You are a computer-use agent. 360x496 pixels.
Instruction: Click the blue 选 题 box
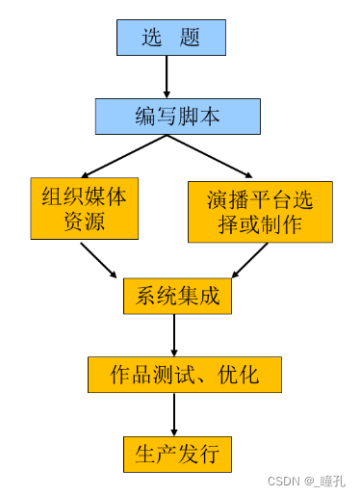click(x=171, y=38)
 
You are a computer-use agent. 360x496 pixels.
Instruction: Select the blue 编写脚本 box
click(x=177, y=117)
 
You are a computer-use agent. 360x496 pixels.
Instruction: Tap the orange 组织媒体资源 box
click(x=84, y=209)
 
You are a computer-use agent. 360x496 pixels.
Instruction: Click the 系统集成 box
click(x=178, y=296)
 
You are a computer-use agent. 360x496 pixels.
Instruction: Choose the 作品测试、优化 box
click(x=185, y=375)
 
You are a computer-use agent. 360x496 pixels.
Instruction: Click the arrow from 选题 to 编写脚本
click(x=167, y=76)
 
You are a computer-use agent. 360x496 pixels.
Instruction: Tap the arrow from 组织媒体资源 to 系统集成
click(x=100, y=260)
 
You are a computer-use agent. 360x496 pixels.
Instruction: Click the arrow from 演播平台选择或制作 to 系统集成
click(x=249, y=260)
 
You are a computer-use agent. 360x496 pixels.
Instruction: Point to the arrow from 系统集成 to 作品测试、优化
click(x=174, y=335)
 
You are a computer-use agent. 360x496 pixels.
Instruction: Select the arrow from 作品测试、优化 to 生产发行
click(x=174, y=414)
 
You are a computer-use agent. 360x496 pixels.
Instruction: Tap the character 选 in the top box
click(x=153, y=39)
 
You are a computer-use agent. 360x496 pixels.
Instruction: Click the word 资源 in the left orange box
click(x=84, y=222)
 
